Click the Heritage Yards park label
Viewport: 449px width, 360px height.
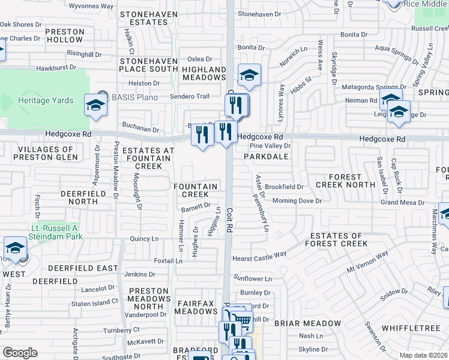(41, 101)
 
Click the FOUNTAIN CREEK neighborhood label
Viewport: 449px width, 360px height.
(195, 190)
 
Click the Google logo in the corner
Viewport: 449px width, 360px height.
(19, 353)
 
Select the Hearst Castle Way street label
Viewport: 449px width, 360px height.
(259, 256)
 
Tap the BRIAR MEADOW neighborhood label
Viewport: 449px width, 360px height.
(307, 323)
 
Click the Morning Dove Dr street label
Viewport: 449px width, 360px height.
(297, 201)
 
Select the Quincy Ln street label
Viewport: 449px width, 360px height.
(144, 239)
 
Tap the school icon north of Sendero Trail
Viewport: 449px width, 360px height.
(249, 75)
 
